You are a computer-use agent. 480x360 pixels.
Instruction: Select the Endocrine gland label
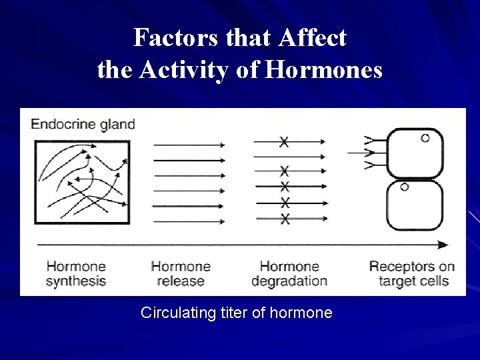83,124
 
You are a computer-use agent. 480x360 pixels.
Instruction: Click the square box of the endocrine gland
82,181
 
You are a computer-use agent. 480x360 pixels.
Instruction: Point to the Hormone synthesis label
75,273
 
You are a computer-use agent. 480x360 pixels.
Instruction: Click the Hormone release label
180,273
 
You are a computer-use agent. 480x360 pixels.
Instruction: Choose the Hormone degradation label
289,273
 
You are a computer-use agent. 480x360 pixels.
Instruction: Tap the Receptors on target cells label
412,273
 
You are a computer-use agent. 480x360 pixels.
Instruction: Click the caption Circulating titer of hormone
236,313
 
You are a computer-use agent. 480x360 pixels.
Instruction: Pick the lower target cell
415,205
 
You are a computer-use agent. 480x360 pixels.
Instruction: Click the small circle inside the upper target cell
425,139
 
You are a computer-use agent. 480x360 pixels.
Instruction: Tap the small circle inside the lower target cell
404,187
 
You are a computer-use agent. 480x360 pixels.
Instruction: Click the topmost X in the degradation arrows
285,141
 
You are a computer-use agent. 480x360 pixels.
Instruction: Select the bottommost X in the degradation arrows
285,219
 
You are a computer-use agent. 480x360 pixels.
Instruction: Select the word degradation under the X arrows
289,281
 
